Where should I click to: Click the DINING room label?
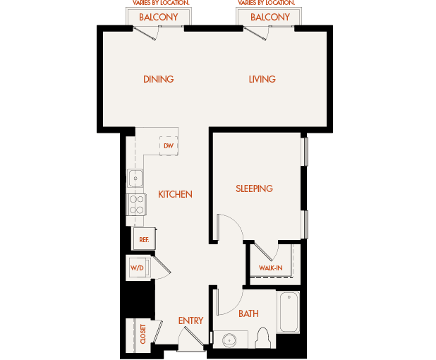click(x=158, y=79)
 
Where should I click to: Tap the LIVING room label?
click(x=262, y=79)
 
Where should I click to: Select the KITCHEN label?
click(x=175, y=194)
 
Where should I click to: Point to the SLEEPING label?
click(x=254, y=188)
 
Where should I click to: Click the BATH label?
click(x=248, y=313)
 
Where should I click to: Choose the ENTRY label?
click(x=190, y=320)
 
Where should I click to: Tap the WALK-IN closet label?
click(x=271, y=268)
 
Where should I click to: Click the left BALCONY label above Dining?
click(x=158, y=17)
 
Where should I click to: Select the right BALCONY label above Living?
click(x=270, y=17)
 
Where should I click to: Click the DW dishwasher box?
click(x=168, y=145)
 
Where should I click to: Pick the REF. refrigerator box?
click(x=144, y=240)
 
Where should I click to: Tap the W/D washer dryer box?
click(x=137, y=268)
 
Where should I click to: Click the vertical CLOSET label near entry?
click(x=143, y=334)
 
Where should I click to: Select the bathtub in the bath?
click(x=289, y=313)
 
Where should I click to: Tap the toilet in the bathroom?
click(x=265, y=339)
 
